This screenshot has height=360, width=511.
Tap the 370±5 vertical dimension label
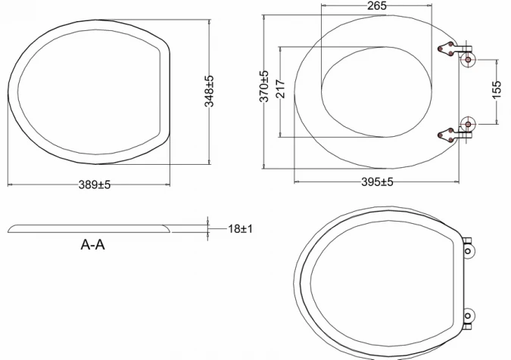pos(263,86)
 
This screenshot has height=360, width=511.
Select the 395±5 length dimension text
pos(376,182)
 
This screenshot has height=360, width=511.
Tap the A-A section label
pos(92,245)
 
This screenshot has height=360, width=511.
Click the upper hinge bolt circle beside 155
pos(467,58)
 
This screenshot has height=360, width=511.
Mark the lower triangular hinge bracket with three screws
pos(448,133)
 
